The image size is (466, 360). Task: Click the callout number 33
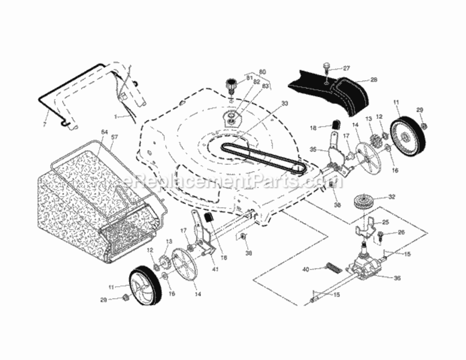[x=285, y=103]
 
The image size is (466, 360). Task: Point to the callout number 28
[x=374, y=80]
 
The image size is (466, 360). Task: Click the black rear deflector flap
[x=331, y=91]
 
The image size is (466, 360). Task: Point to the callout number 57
[x=114, y=137]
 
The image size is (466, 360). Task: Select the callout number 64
[x=104, y=132]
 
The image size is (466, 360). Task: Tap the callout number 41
[x=215, y=268]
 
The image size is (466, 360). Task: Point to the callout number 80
[x=262, y=72]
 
